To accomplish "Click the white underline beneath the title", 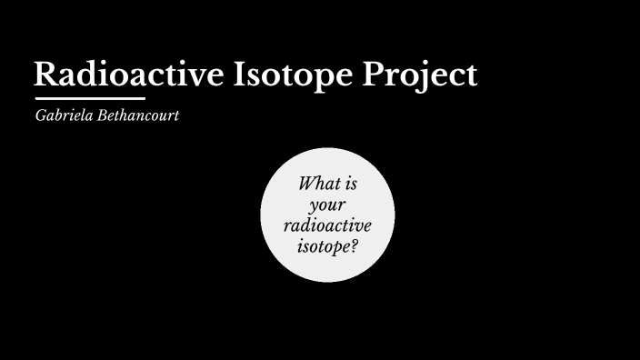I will [x=90, y=98].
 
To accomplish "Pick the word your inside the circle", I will [x=327, y=205].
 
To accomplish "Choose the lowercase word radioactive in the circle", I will [x=327, y=225].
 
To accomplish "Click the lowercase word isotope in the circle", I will [x=324, y=245].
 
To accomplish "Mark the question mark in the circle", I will [x=355, y=245].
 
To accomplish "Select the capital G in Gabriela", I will [x=40, y=117].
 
